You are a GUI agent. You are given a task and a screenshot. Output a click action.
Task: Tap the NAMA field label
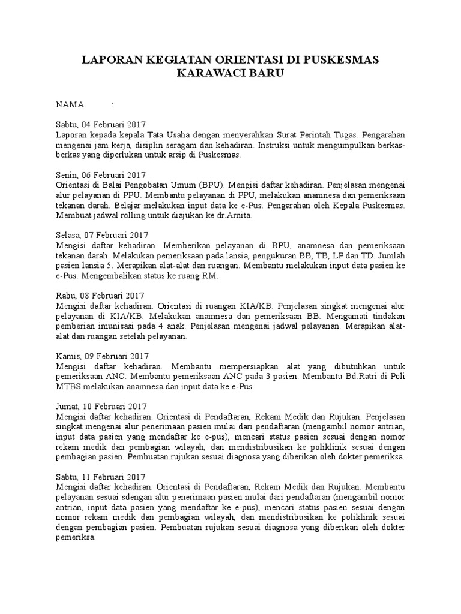pyautogui.click(x=70, y=104)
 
